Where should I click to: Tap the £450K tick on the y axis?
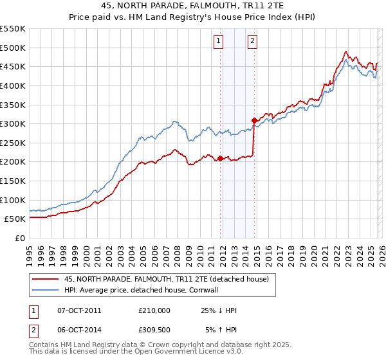13,66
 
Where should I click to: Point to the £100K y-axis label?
13,200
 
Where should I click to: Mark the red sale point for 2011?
220,158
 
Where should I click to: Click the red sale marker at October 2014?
254,120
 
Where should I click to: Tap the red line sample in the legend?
45,279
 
